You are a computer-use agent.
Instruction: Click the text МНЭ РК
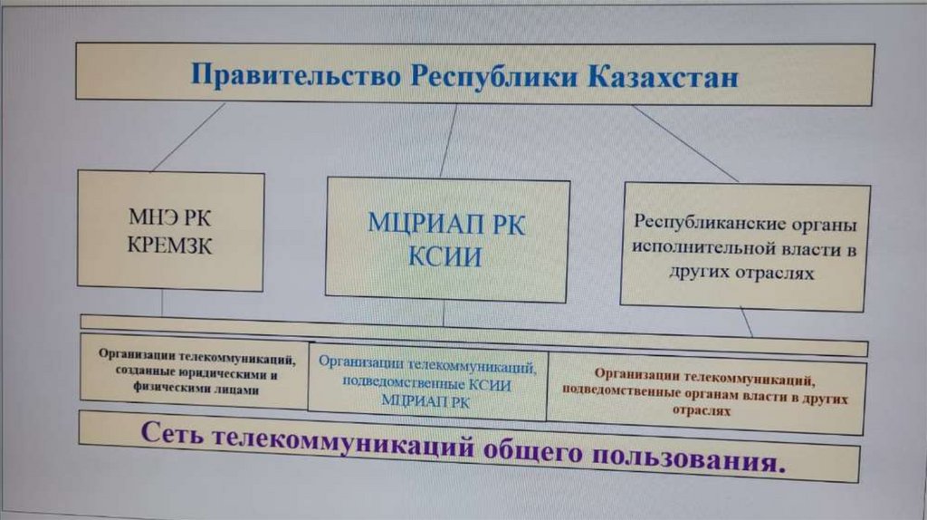170,218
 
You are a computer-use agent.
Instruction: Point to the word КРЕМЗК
170,245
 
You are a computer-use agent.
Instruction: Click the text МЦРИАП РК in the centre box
445,224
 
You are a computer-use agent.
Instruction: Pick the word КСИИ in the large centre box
444,256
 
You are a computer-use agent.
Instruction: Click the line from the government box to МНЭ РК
188,137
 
